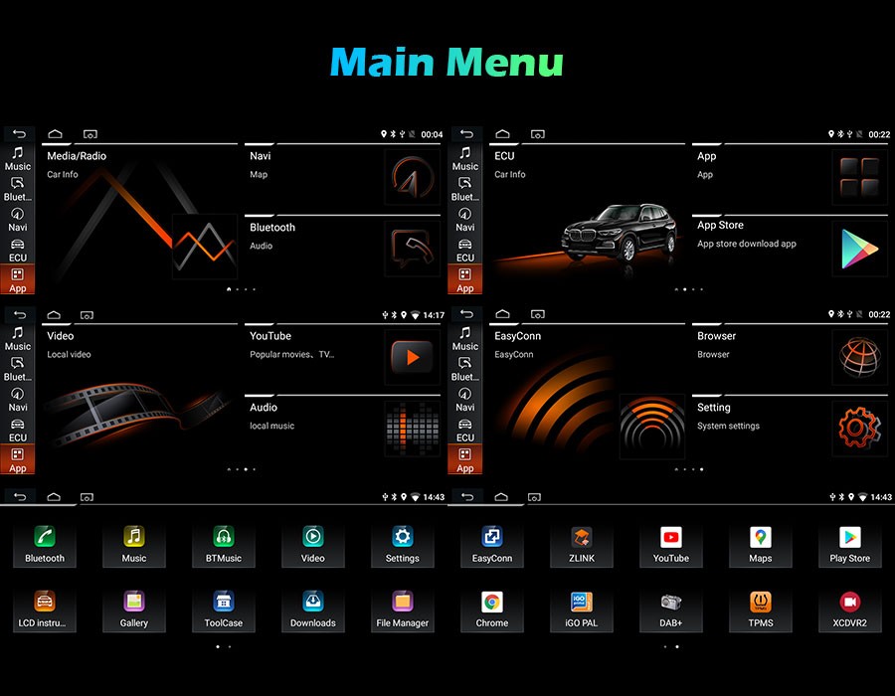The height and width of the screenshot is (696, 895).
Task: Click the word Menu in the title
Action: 504,62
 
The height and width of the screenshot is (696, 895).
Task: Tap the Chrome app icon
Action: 491,602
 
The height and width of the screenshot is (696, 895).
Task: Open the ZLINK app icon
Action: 581,537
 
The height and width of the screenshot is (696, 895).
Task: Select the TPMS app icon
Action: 761,602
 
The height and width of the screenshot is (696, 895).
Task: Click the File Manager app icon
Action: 402,602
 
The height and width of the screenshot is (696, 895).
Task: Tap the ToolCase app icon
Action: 223,602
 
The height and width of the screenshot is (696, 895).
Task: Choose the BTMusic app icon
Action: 223,537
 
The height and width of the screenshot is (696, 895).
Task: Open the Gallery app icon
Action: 133,602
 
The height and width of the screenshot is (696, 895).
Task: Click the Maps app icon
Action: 761,537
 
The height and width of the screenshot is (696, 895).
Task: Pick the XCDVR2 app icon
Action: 849,602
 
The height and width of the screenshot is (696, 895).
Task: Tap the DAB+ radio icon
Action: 670,602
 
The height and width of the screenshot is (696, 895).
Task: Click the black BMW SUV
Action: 620,233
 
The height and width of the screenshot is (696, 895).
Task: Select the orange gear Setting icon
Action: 859,428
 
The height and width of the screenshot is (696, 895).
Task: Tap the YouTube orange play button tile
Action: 412,357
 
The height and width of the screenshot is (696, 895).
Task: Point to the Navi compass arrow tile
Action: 412,177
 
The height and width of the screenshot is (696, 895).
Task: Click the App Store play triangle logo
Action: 859,249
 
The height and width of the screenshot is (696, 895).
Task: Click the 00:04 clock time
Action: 432,134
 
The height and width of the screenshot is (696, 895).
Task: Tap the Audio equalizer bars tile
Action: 412,428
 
